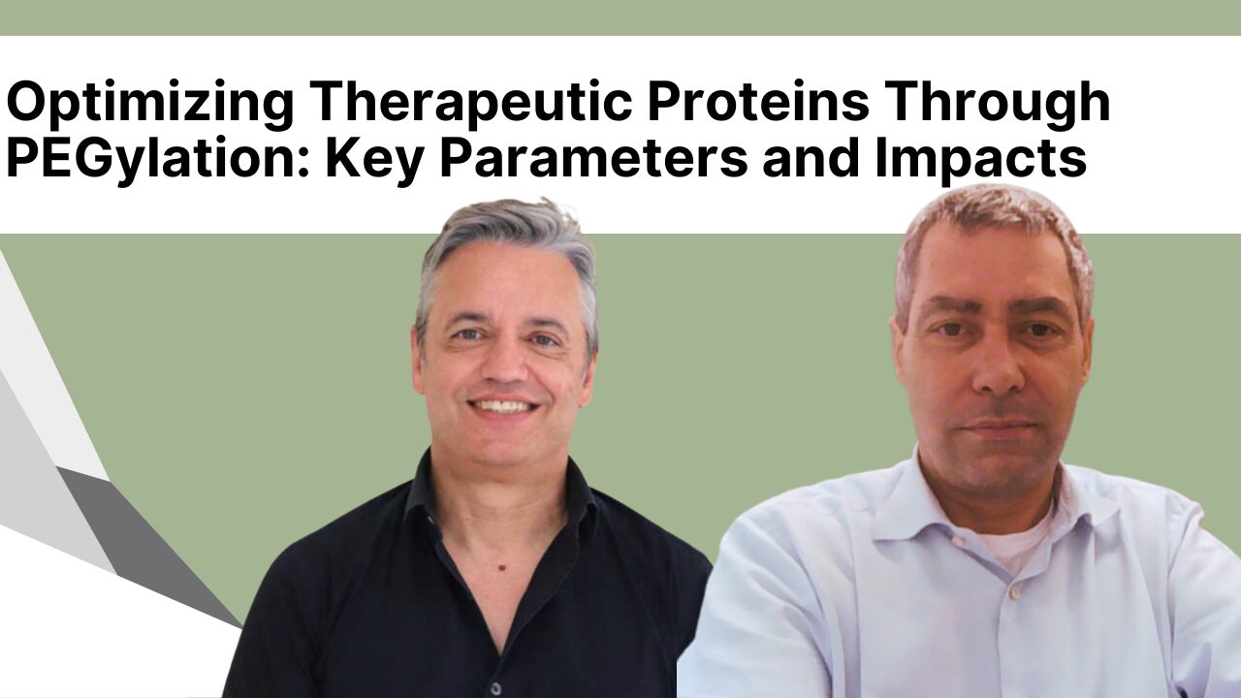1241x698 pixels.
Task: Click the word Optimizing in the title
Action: [x=150, y=104]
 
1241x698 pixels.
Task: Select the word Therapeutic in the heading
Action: [x=471, y=104]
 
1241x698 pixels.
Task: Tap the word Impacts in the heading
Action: [x=981, y=159]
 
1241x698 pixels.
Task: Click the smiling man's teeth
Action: [x=502, y=406]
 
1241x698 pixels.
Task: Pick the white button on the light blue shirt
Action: [x=1014, y=593]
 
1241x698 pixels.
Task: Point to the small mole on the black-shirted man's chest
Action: [x=502, y=567]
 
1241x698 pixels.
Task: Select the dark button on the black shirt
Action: [x=495, y=688]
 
